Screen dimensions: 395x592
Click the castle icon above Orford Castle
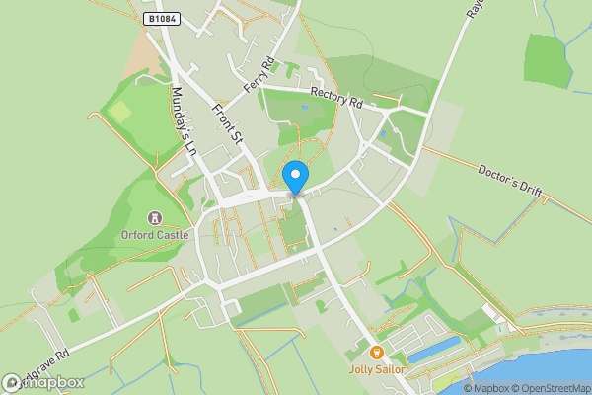(x=153, y=218)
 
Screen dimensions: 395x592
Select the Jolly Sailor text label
(x=375, y=369)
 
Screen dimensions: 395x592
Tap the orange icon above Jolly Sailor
(x=375, y=353)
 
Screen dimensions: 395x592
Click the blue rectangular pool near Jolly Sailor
(x=434, y=348)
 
